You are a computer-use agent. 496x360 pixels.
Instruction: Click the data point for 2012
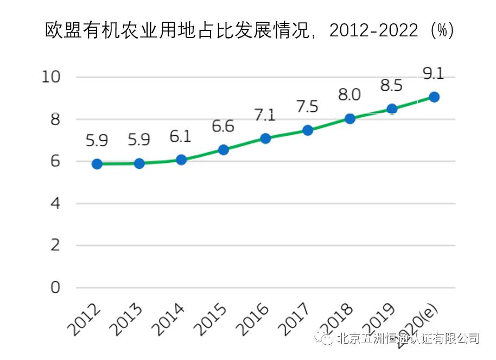[x=97, y=164]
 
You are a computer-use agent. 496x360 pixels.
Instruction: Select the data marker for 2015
[x=223, y=150]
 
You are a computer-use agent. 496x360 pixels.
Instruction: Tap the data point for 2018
[x=350, y=118]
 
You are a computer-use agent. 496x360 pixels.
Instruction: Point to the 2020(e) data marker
[x=434, y=97]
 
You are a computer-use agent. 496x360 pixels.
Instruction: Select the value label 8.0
[x=349, y=95]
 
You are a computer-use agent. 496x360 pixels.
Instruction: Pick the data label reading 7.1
[x=265, y=115]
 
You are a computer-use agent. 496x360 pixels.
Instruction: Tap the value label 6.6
[x=222, y=127]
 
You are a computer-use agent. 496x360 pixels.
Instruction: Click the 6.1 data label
[x=180, y=137]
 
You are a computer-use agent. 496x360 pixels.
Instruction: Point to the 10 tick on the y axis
[x=52, y=77]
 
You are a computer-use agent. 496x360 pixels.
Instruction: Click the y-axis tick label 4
[x=55, y=204]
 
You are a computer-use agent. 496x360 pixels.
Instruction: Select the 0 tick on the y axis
[x=55, y=288]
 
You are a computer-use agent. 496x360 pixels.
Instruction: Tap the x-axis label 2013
[x=126, y=318]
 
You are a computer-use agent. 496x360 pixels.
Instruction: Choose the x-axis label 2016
[x=252, y=318]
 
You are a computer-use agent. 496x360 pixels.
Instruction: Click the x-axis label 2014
[x=168, y=318]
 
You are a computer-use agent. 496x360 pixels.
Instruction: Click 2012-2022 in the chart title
[x=374, y=30]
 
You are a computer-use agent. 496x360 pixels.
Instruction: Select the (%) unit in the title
[x=441, y=30]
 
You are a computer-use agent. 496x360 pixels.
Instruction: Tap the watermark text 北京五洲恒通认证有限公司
[x=408, y=339]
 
